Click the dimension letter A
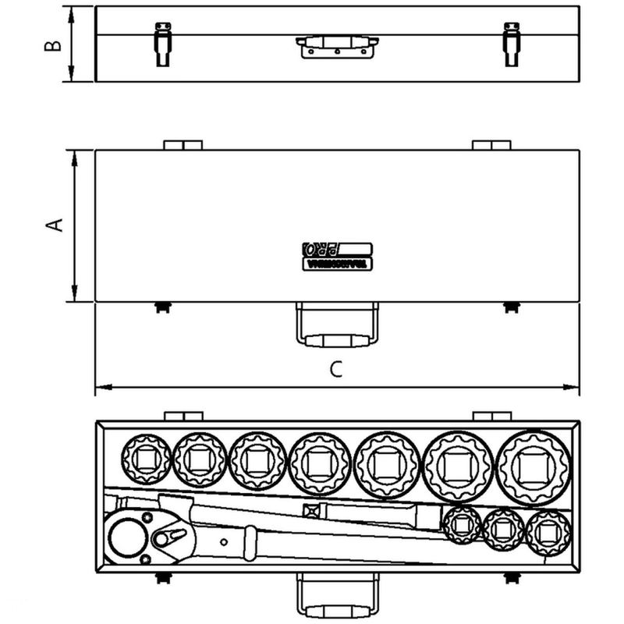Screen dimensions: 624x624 (x=54, y=225)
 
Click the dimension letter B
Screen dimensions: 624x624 (x=51, y=44)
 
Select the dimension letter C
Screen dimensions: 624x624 (x=335, y=370)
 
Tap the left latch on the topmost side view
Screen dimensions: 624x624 (x=162, y=44)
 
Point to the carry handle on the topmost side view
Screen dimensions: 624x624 (x=337, y=46)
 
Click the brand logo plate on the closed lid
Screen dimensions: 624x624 (x=337, y=256)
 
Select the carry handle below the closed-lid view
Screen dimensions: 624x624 (x=337, y=326)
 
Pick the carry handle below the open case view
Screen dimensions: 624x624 (x=337, y=597)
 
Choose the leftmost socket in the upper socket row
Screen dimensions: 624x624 (x=147, y=457)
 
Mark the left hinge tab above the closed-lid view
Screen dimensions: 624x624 (x=183, y=145)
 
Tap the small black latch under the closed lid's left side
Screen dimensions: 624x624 (x=162, y=307)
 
